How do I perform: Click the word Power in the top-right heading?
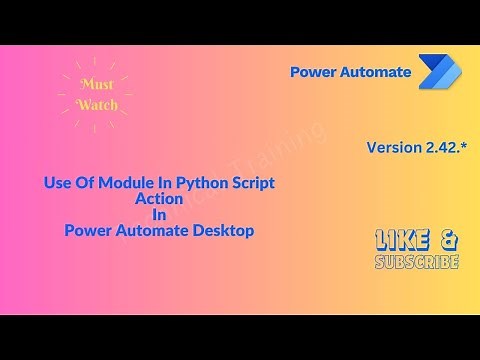313,72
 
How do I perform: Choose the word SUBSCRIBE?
417,262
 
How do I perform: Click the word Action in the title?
159,199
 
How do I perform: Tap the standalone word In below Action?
159,214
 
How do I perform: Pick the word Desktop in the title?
222,230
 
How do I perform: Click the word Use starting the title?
57,184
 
